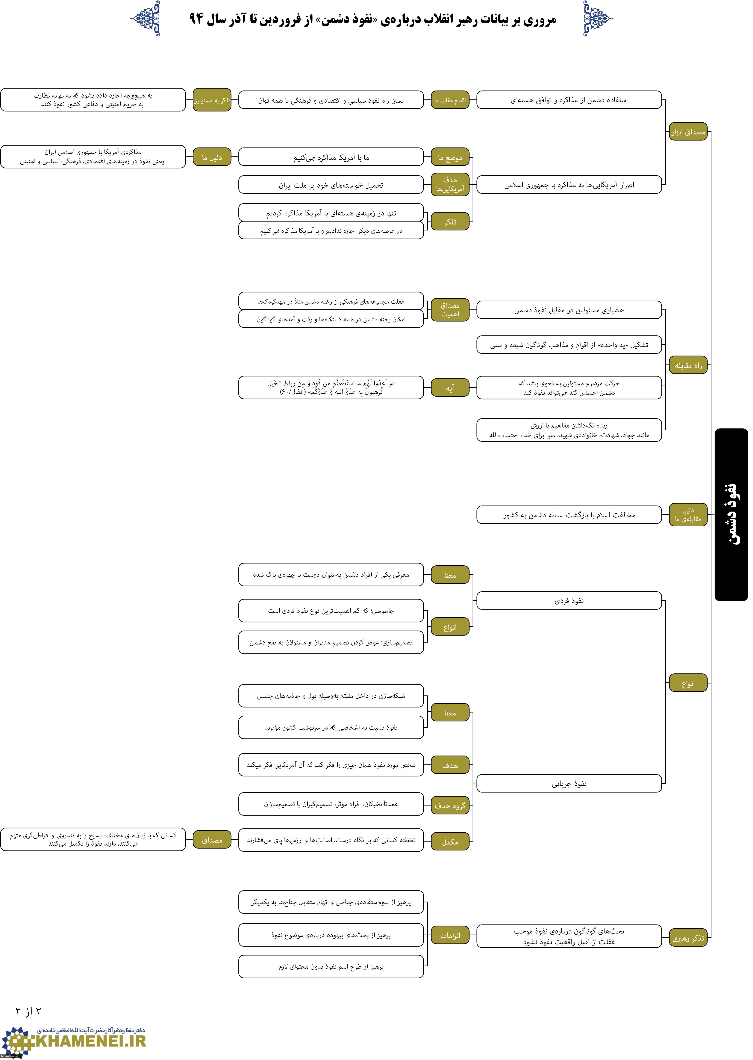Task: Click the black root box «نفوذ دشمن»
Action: (x=731, y=515)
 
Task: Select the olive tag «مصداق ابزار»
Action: (x=688, y=132)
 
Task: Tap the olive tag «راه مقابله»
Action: (x=688, y=366)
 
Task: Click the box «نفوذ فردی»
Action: (x=569, y=601)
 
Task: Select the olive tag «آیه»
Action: (x=450, y=388)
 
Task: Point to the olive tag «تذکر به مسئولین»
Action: (x=212, y=100)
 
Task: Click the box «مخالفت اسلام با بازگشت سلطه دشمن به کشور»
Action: (x=569, y=515)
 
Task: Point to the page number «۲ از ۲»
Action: (x=28, y=1011)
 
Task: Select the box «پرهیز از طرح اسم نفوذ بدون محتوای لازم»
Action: (x=331, y=967)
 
